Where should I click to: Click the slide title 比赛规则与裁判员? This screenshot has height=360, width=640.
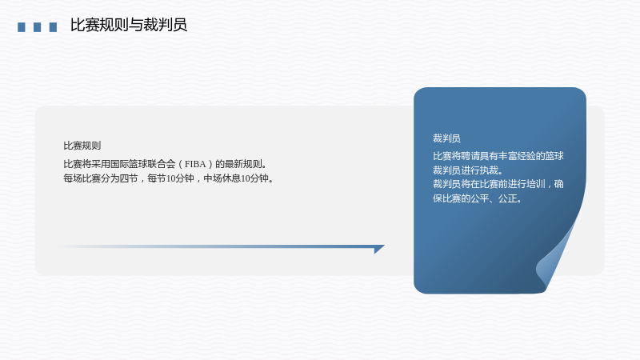click(x=129, y=25)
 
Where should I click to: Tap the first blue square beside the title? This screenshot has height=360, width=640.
click(x=22, y=27)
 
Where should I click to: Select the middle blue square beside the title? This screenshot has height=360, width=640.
click(x=37, y=27)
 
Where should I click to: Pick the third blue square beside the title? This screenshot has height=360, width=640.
click(x=53, y=27)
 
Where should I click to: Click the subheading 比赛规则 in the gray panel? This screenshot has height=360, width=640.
click(x=82, y=146)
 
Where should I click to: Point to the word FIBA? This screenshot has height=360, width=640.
click(x=195, y=164)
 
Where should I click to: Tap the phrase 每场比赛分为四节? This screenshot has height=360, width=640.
click(x=101, y=178)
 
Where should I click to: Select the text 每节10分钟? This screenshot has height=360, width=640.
click(x=170, y=178)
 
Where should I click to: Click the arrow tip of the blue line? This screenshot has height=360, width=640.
click(x=385, y=246)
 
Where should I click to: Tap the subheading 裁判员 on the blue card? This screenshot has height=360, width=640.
click(x=446, y=138)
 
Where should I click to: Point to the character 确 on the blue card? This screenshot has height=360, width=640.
click(x=559, y=184)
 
